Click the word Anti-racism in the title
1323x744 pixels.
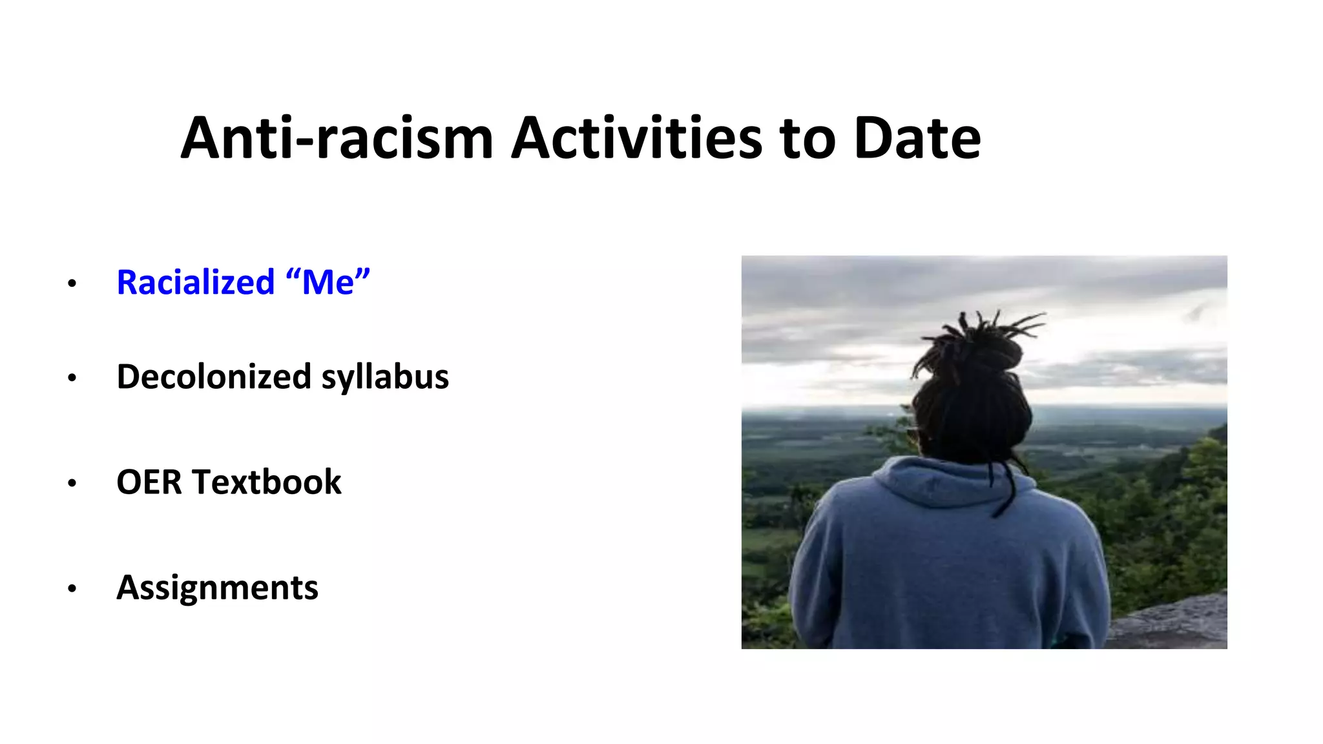337,138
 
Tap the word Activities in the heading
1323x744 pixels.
636,138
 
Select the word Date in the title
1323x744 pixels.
917,138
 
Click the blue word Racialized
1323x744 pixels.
196,282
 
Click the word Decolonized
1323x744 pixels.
213,377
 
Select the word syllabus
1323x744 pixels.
385,378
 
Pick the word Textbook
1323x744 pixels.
266,482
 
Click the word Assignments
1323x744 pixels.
217,588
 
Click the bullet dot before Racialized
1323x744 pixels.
72,284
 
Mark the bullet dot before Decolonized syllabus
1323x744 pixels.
72,378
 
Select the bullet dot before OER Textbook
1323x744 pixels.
72,483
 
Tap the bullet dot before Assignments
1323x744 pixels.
72,589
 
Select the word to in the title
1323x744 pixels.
807,138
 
